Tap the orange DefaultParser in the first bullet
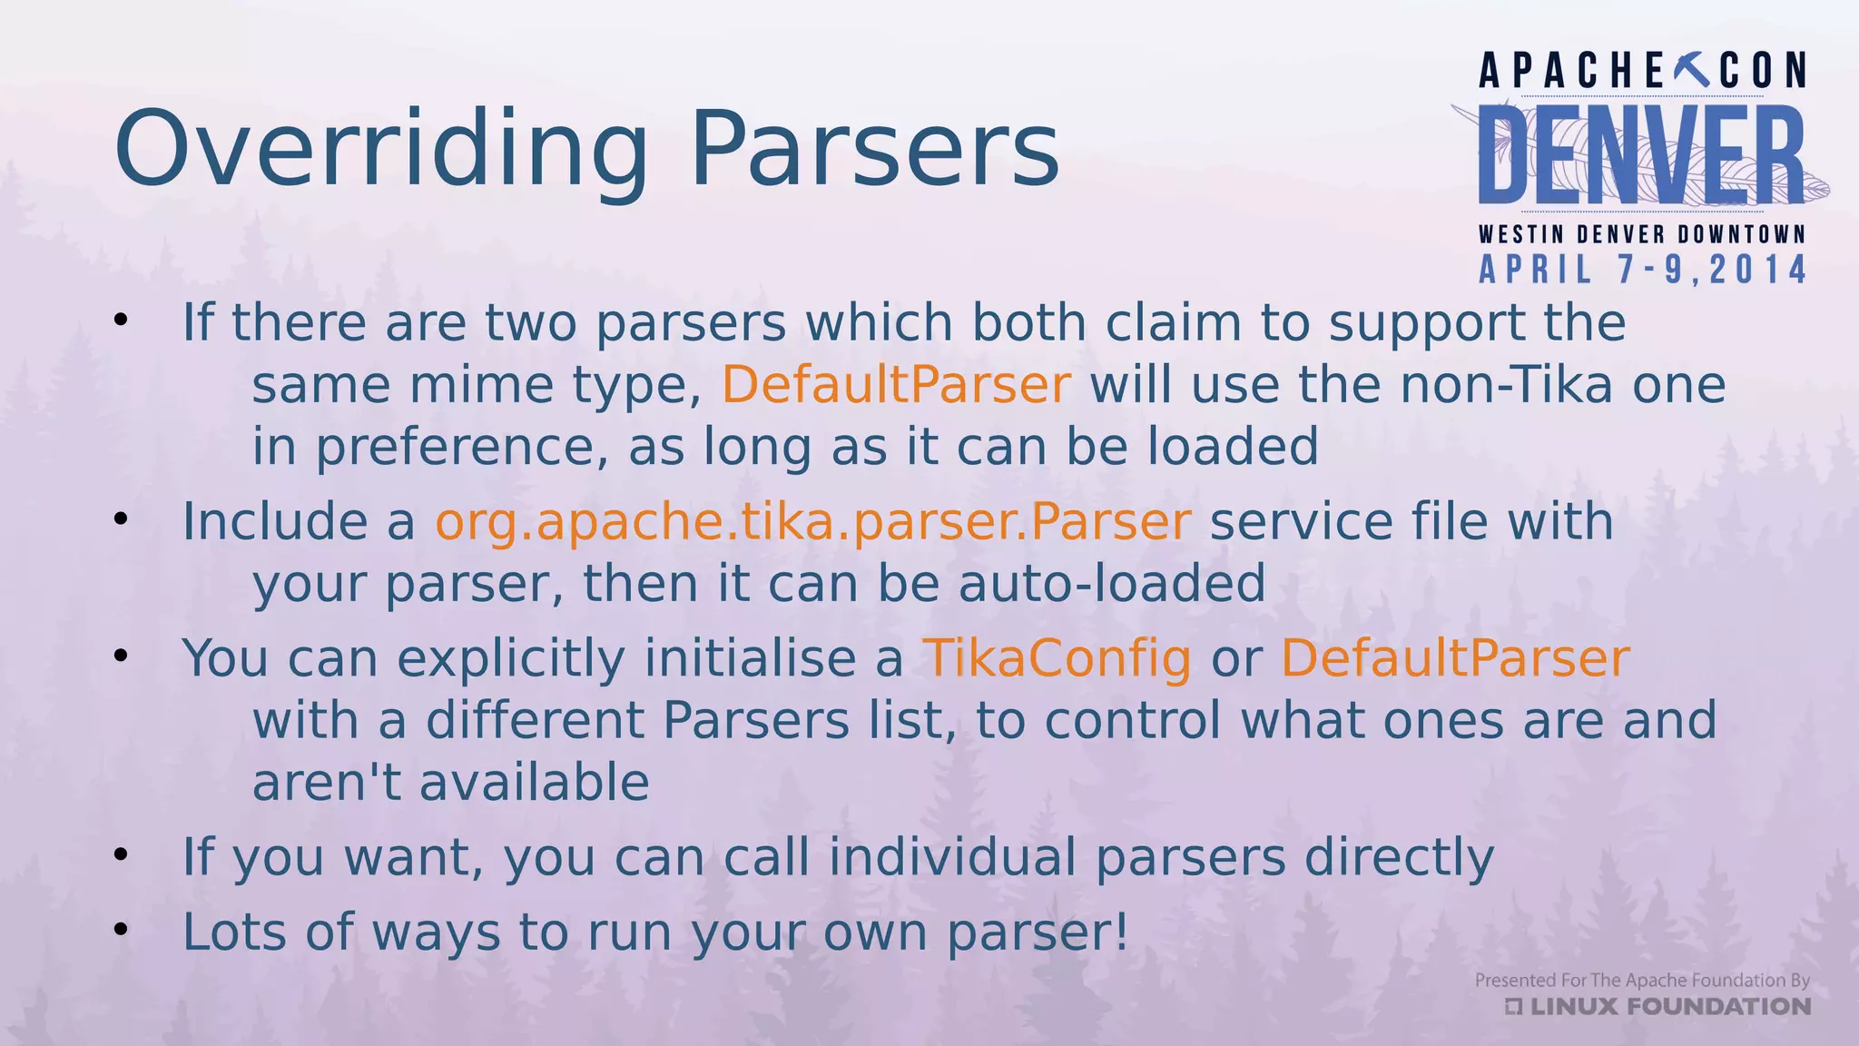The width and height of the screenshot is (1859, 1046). pyautogui.click(x=896, y=385)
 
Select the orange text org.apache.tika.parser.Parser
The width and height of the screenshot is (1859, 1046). pyautogui.click(x=812, y=522)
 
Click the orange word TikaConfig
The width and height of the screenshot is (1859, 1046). pyautogui.click(x=1057, y=658)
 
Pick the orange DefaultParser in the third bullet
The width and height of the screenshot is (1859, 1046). pyautogui.click(x=1455, y=658)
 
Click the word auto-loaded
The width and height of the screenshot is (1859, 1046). pyautogui.click(x=1112, y=584)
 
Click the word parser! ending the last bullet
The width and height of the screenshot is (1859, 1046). pyautogui.click(x=1038, y=933)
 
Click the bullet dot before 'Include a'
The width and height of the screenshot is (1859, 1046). pyautogui.click(x=121, y=520)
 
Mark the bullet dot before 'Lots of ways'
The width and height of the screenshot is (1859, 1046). pyautogui.click(x=121, y=931)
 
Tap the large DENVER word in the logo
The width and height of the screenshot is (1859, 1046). pyautogui.click(x=1641, y=155)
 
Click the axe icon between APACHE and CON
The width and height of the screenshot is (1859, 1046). pyautogui.click(x=1691, y=70)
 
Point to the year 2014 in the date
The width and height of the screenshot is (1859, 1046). pyautogui.click(x=1758, y=271)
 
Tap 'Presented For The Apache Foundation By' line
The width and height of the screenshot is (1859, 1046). pyautogui.click(x=1642, y=981)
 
